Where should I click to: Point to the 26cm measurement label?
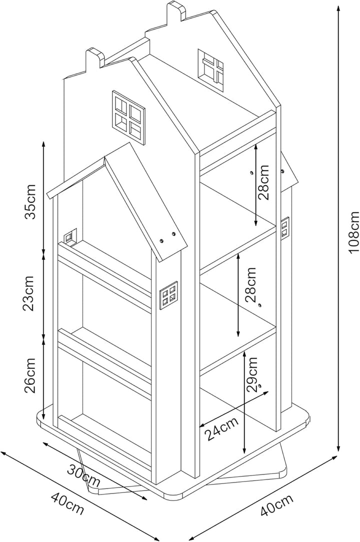click(29, 375)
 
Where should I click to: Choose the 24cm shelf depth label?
click(221, 428)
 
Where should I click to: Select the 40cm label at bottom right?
click(276, 505)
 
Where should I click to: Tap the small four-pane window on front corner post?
click(168, 296)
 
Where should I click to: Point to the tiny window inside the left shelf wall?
click(70, 236)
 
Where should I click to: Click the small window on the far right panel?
click(285, 228)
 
